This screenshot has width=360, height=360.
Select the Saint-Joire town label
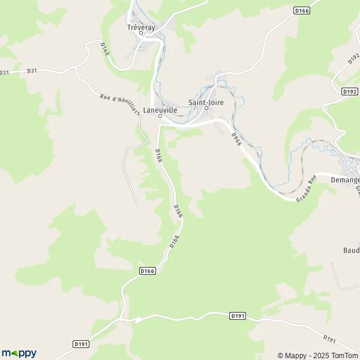[x=206, y=102]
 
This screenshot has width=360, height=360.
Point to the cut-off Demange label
[x=344, y=179]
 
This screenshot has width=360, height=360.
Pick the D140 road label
[x=104, y=50]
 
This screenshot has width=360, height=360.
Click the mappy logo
[x=19, y=353]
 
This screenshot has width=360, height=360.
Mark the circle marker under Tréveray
[x=141, y=33]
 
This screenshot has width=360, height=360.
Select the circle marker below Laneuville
[x=160, y=117]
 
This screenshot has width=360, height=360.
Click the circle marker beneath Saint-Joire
[x=206, y=109]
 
